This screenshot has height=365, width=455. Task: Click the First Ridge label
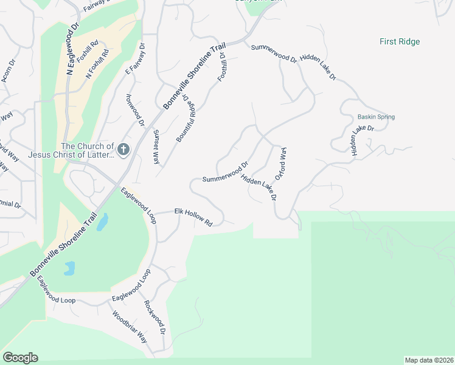(x=400, y=42)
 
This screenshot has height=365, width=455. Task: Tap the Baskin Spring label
(x=376, y=117)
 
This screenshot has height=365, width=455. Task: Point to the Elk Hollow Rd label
(x=193, y=217)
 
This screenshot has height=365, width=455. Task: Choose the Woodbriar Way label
(x=130, y=327)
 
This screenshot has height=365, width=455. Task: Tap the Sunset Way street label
(x=156, y=147)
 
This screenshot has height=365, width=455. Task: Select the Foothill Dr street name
(x=222, y=68)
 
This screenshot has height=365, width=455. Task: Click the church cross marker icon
(x=123, y=149)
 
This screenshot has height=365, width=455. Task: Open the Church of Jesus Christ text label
(x=87, y=150)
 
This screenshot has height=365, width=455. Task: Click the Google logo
(x=20, y=358)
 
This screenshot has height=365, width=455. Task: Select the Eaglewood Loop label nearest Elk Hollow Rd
(x=139, y=206)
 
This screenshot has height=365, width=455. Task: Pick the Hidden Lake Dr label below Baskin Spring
(x=362, y=141)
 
